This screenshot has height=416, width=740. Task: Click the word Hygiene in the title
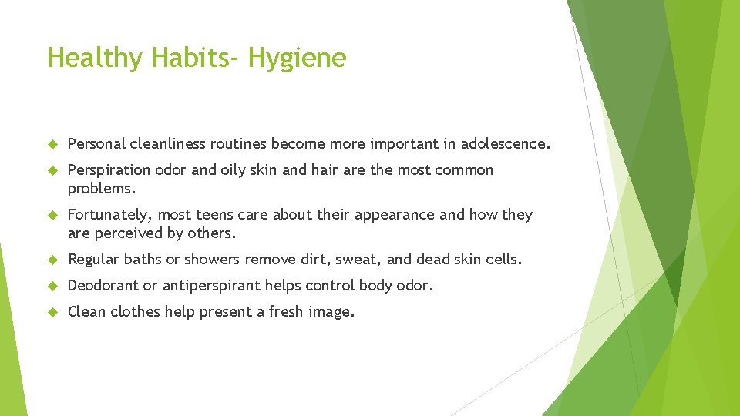click(x=298, y=59)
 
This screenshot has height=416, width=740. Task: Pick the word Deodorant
click(x=103, y=286)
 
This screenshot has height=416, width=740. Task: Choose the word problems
click(x=101, y=189)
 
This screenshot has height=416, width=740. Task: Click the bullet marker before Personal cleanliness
click(x=53, y=144)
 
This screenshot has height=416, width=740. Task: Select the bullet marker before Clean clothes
click(x=53, y=312)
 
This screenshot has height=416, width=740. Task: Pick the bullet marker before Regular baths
click(x=53, y=260)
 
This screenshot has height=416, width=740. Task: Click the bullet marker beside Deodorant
click(x=53, y=286)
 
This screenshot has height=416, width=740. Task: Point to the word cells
click(x=503, y=260)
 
